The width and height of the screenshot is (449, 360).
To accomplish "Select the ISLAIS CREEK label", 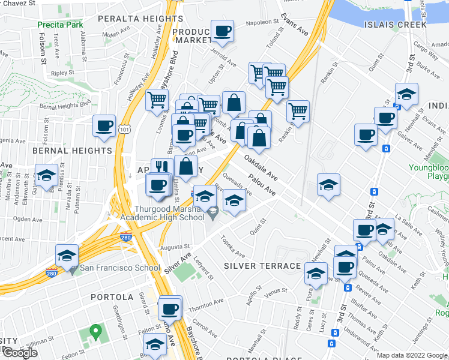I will click(395, 25).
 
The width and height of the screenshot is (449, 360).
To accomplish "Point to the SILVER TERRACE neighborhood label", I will click(262, 266).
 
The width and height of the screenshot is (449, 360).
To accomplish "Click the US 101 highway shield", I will click(124, 128).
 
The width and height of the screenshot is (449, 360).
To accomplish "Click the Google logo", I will click(20, 353).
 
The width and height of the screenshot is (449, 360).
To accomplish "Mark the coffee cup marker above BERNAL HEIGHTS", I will click(104, 127).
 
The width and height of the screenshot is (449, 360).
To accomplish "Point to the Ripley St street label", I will click(62, 73).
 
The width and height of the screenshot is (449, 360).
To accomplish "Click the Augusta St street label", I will click(175, 247).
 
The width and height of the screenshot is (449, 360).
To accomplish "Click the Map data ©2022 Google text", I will click(412, 355).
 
